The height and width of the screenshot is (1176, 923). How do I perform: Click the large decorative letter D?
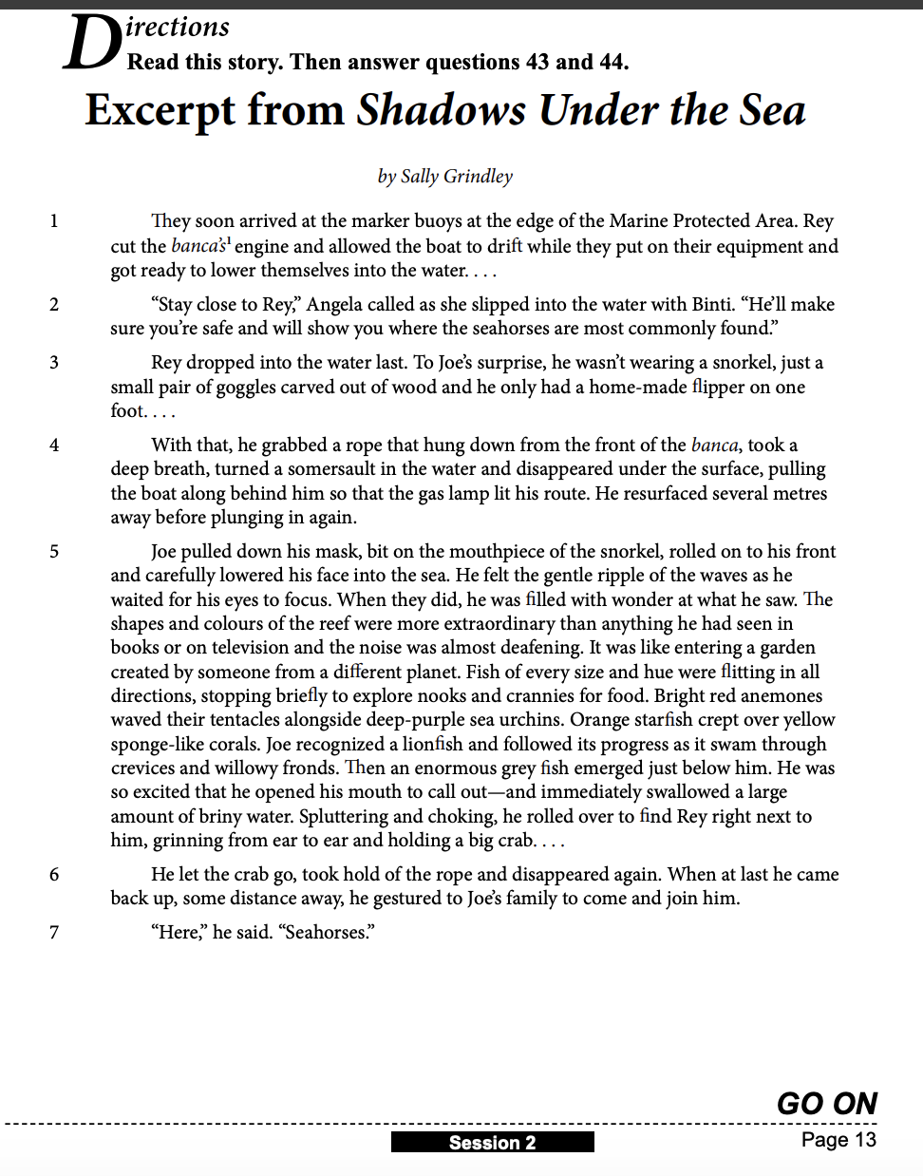[91, 44]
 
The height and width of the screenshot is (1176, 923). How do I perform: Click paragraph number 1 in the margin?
[54, 221]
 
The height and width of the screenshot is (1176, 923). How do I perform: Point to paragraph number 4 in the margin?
[54, 446]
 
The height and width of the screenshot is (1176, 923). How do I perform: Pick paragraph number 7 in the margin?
[54, 933]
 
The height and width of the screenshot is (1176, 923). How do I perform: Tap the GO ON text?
[826, 1103]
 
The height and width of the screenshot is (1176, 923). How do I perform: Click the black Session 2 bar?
[492, 1142]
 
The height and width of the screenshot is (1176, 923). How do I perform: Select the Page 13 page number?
[838, 1140]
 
